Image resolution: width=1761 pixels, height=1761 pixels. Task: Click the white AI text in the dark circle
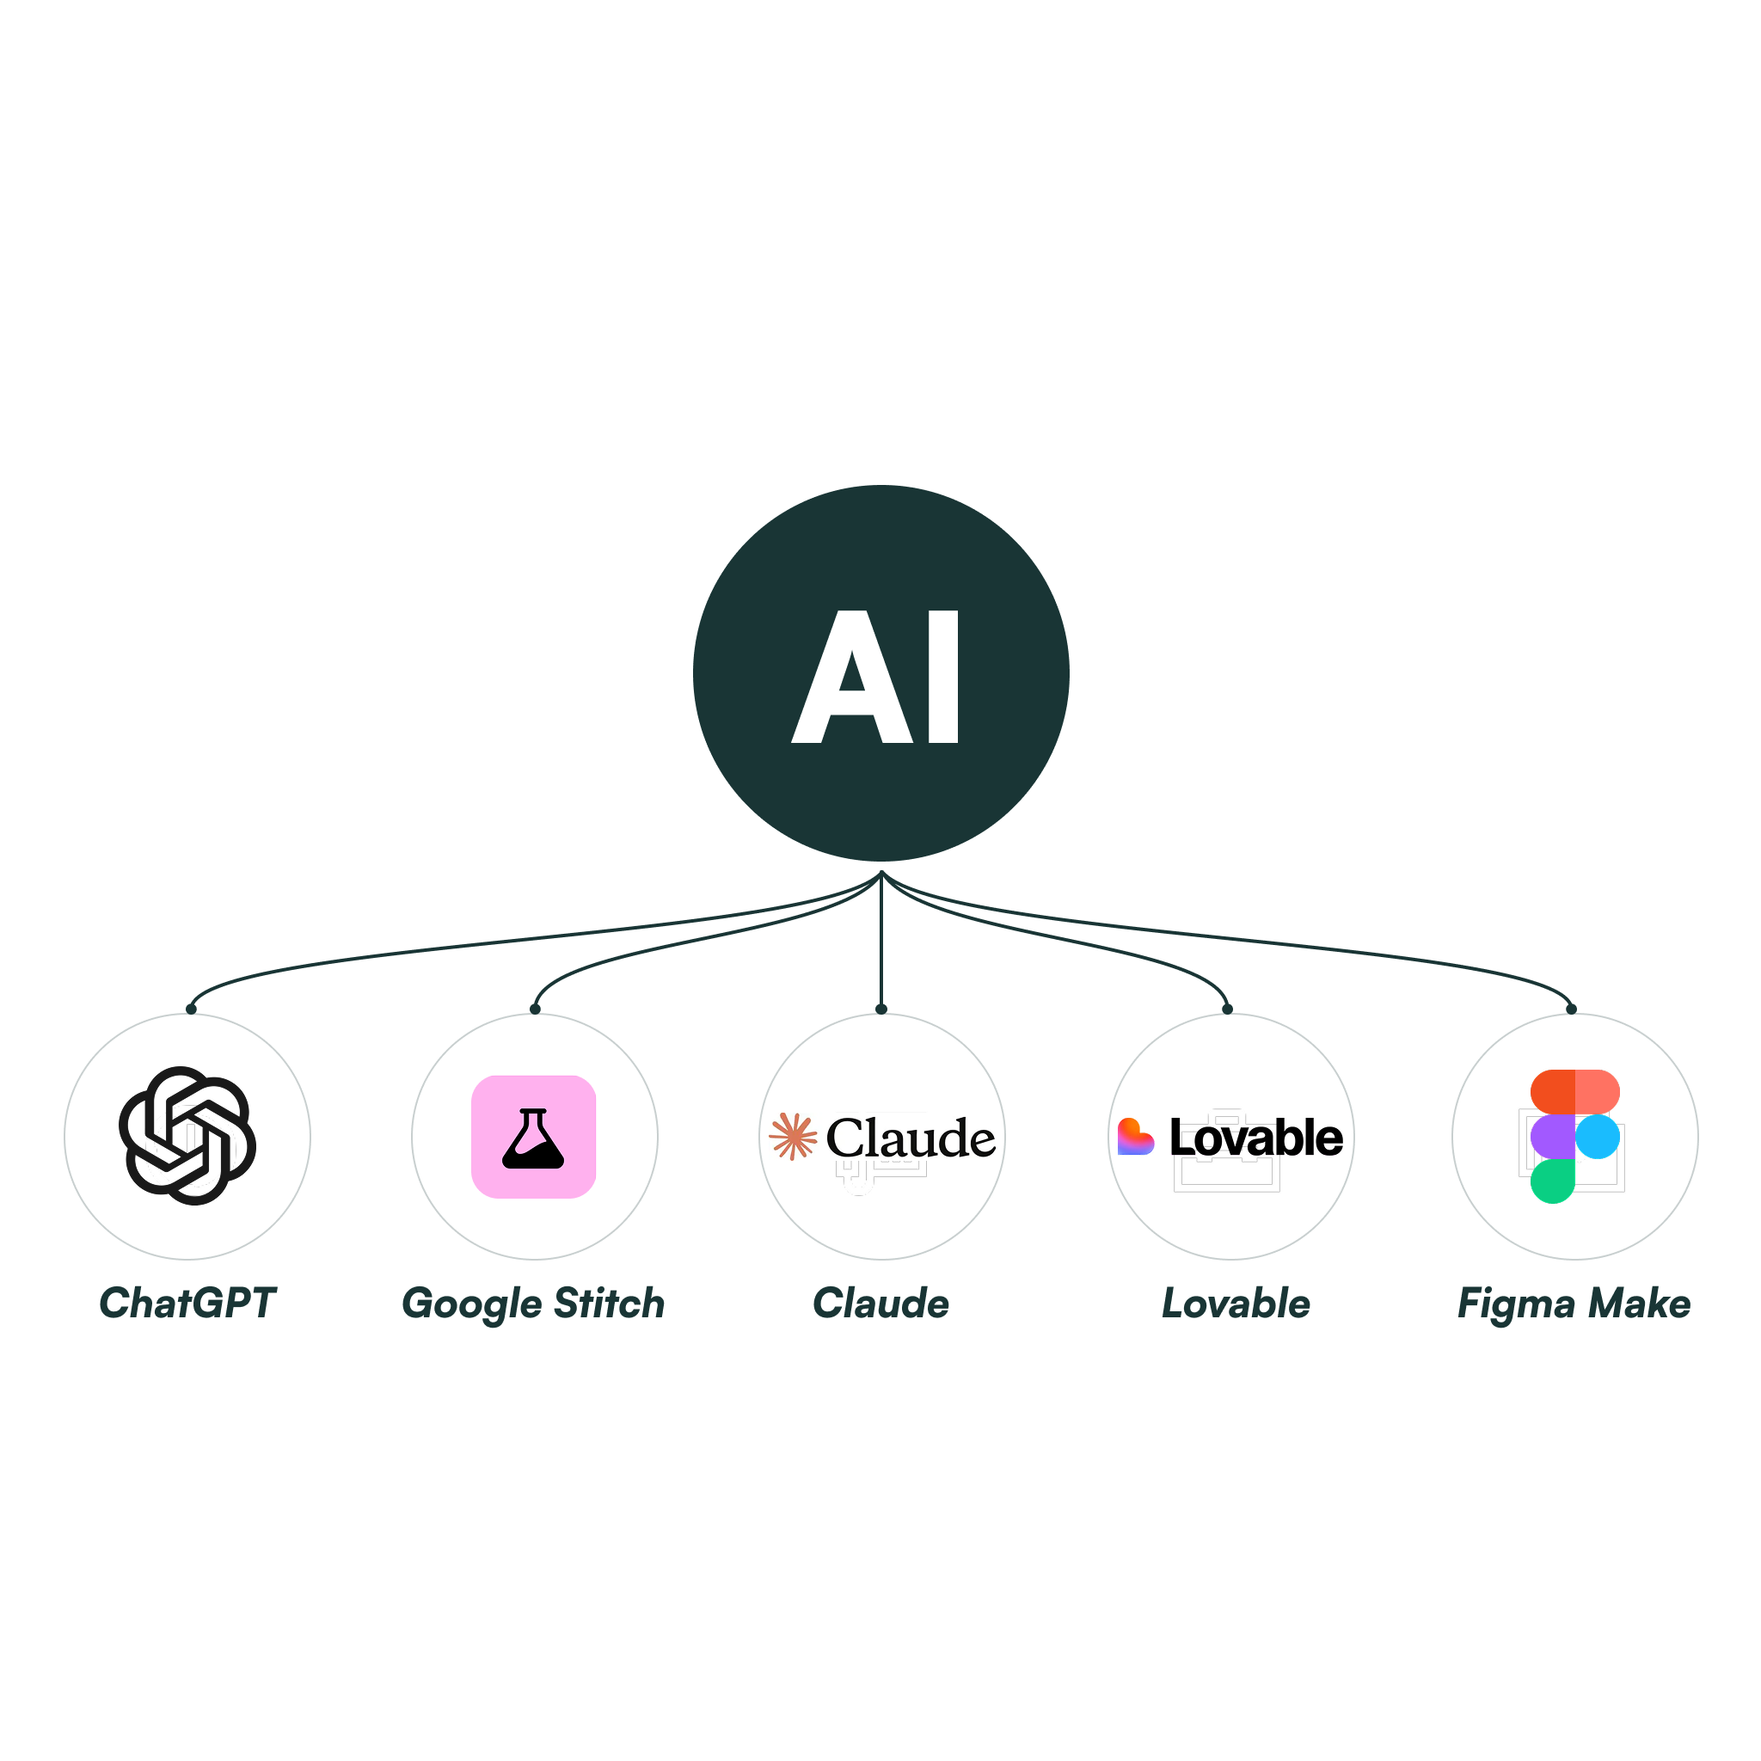875,677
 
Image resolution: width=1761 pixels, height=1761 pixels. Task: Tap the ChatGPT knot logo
187,1136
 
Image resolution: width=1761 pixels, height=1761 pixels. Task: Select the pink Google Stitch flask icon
533,1137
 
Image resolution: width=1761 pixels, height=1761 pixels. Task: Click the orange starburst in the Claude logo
793,1137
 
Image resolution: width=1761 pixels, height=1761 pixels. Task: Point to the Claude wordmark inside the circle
911,1138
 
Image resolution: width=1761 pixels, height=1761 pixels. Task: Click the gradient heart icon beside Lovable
1135,1137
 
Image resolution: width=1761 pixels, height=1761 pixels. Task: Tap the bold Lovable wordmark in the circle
1256,1138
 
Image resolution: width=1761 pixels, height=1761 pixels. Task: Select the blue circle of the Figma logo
1597,1137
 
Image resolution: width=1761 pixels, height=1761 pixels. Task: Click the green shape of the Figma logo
1552,1181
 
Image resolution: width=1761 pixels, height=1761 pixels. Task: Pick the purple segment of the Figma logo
1552,1137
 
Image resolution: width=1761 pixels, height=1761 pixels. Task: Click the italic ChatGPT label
187,1304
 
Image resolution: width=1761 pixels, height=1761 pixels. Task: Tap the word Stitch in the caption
609,1304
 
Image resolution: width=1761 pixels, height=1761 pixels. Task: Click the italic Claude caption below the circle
880,1304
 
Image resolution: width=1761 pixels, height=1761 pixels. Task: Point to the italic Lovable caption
1236,1304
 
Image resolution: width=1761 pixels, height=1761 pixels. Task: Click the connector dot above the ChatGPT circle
192,1009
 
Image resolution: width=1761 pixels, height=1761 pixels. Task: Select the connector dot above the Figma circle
1572,1009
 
